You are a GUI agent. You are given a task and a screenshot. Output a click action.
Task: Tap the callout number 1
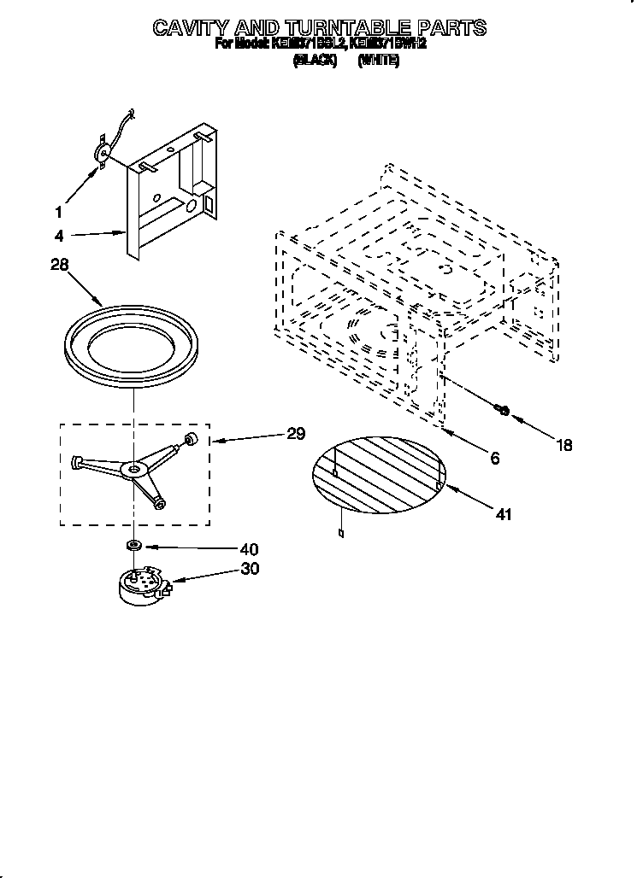coord(58,211)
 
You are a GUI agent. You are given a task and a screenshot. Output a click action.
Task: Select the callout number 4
coord(58,236)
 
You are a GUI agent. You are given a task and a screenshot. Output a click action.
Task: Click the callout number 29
coord(295,434)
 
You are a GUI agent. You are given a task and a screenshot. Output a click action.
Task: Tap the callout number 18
coord(563,445)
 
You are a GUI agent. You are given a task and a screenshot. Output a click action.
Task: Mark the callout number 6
coord(494,459)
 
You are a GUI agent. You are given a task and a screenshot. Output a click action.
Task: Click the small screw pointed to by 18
coord(503,411)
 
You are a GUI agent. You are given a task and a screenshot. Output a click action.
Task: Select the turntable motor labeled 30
coord(141,587)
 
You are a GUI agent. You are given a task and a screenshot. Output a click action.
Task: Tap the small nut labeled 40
coord(133,544)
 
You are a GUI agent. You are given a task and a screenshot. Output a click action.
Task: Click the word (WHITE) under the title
coord(379,61)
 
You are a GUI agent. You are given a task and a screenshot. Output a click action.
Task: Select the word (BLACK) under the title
coord(316,61)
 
